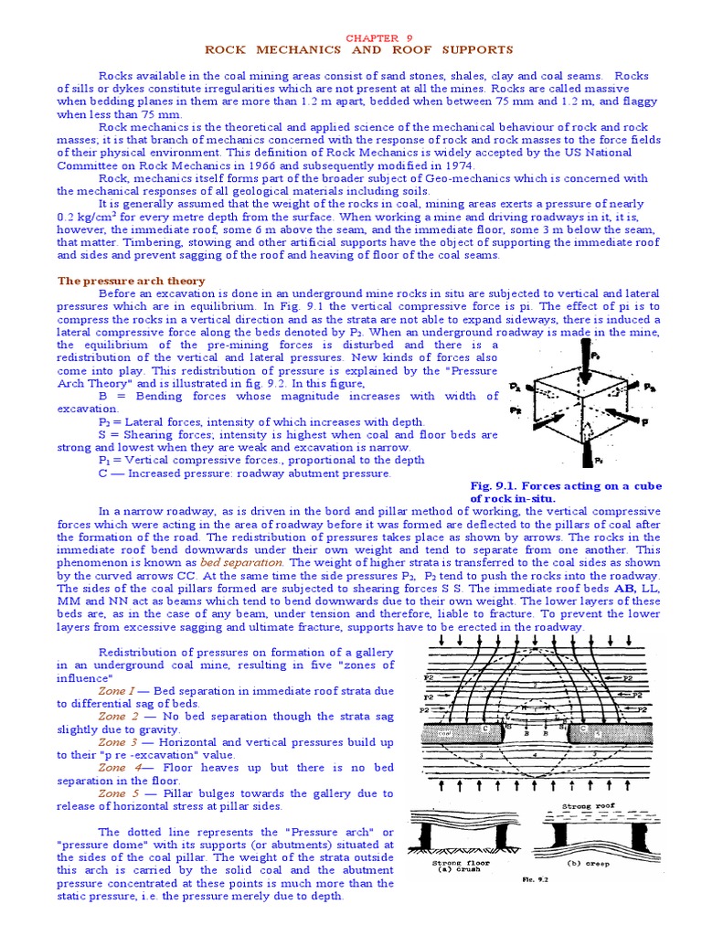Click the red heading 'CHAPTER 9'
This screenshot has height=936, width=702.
click(x=372, y=37)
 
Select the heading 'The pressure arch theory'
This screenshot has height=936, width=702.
click(x=132, y=281)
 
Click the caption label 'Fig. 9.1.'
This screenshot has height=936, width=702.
click(x=497, y=485)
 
